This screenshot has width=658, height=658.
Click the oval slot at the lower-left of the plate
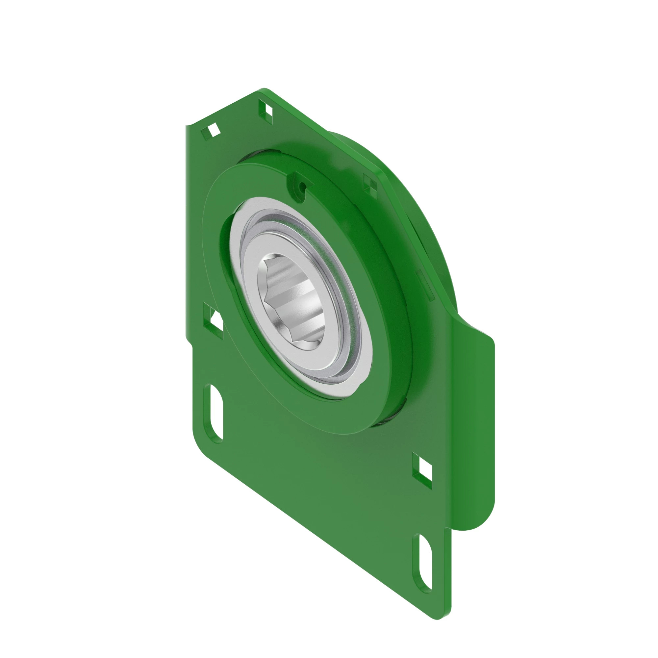(214, 414)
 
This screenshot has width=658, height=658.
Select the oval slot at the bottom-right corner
(423, 565)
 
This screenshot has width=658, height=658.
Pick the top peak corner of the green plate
(264, 90)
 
